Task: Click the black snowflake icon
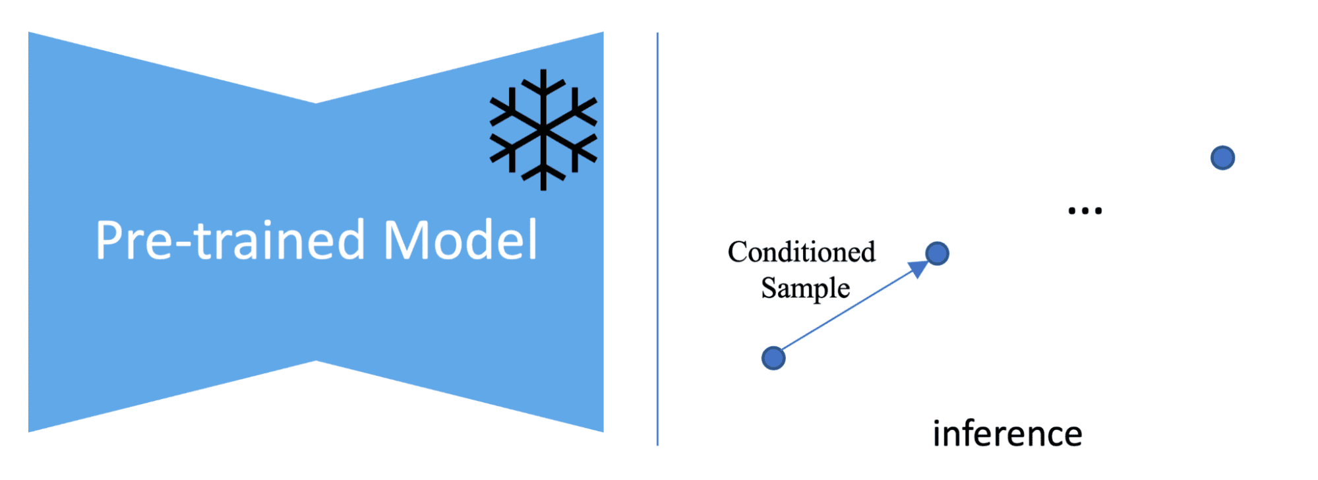point(543,130)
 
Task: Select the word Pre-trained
point(230,239)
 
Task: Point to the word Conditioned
point(802,252)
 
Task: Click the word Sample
point(806,288)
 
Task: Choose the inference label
point(1007,434)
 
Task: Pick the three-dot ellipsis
point(1085,211)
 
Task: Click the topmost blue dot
point(1223,158)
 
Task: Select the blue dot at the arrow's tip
point(937,253)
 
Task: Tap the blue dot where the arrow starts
point(773,358)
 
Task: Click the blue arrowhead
point(918,267)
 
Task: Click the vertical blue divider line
point(657,239)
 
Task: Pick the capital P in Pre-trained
point(108,240)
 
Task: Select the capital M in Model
point(404,240)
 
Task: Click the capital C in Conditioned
point(738,252)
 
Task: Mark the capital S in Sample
point(769,287)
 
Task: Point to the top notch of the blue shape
point(316,103)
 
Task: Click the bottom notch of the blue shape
point(316,361)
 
